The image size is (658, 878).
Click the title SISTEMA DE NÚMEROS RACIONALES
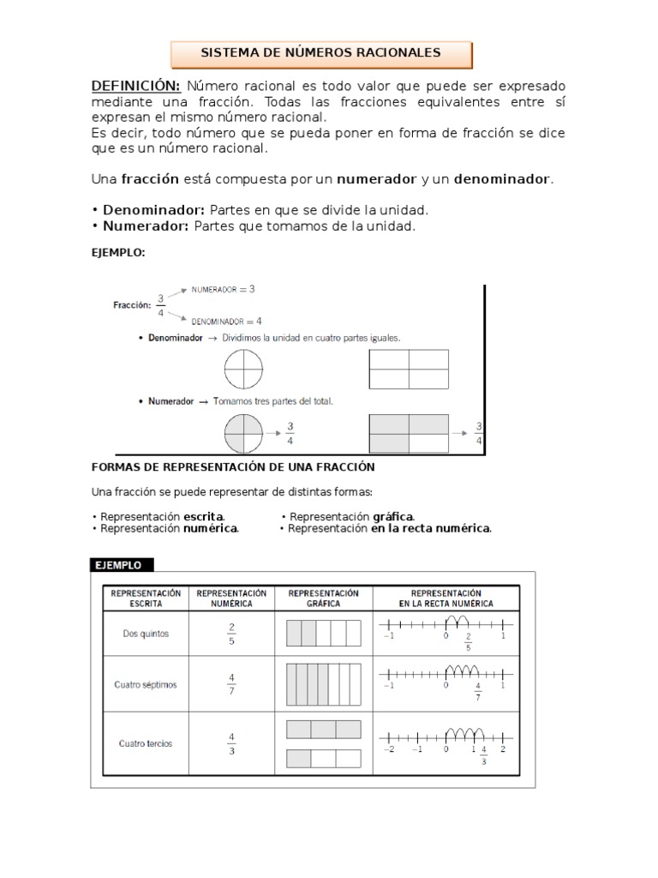320,53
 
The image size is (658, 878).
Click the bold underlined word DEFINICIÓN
135,87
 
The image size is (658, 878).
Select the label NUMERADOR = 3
224,291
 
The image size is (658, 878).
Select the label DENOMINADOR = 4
227,322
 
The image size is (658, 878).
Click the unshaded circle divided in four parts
243,370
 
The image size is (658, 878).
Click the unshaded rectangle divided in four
409,370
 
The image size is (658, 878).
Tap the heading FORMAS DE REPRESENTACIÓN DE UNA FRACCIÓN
233,466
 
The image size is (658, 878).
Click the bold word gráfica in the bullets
393,516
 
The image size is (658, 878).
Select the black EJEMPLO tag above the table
123,565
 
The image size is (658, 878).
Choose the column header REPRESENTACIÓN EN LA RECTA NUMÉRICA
446,598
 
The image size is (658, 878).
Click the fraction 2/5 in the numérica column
231,634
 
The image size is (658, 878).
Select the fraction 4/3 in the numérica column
231,743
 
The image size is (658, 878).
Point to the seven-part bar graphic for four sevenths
322,684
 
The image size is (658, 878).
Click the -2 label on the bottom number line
388,749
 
